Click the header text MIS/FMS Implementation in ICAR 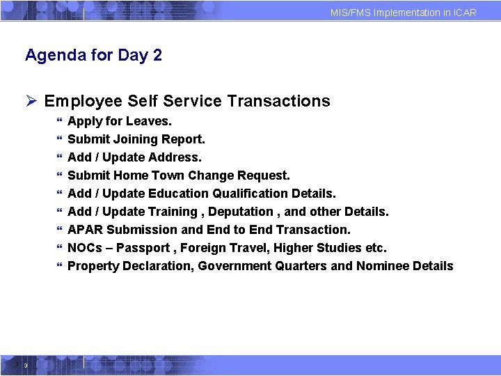coord(404,13)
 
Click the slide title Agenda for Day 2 coord(93,55)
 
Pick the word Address coord(180,157)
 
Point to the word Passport coord(144,248)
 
